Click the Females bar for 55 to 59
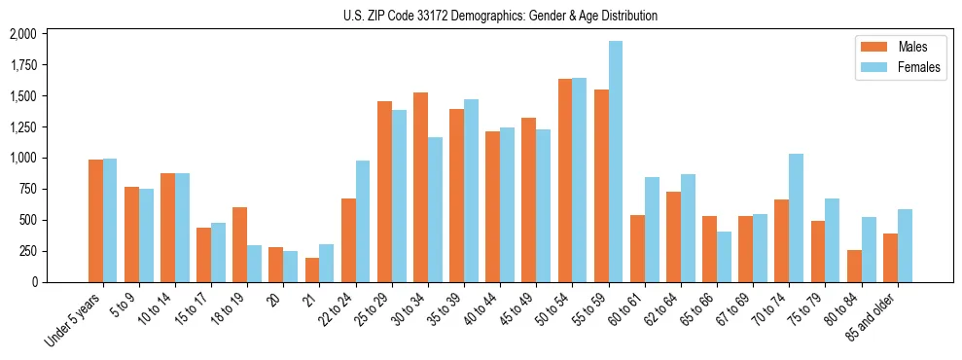pyautogui.click(x=616, y=162)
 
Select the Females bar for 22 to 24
pyautogui.click(x=363, y=221)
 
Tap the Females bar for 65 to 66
pyautogui.click(x=724, y=257)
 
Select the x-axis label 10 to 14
pyautogui.click(x=159, y=308)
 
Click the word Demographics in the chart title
pyautogui.click(x=465, y=16)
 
